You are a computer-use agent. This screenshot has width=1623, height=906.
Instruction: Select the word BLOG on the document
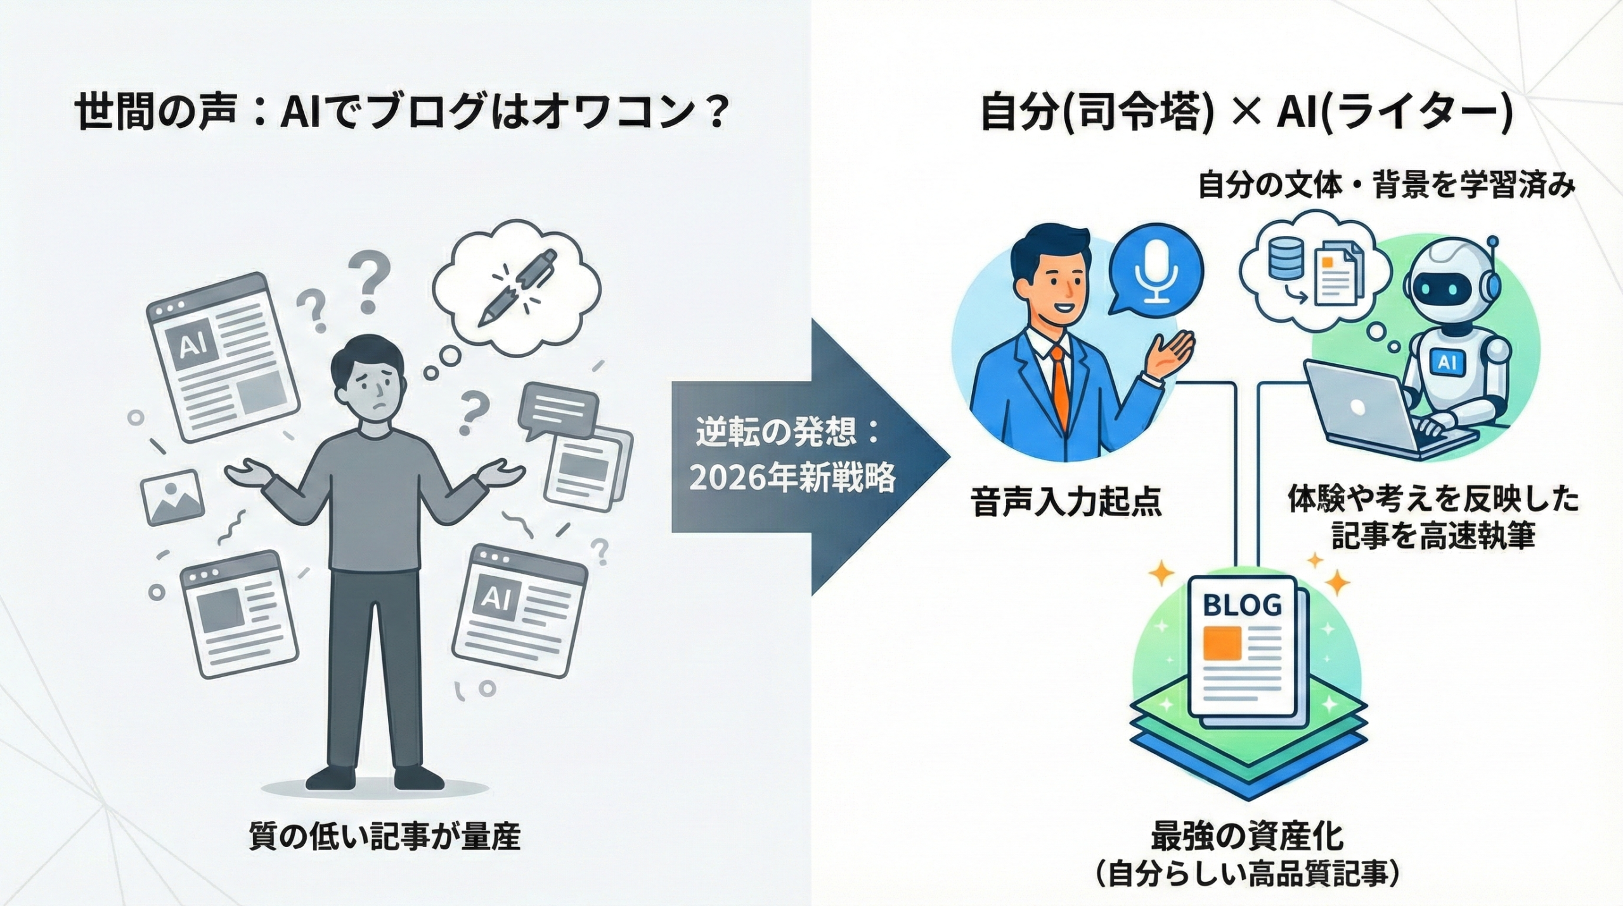coord(1242,605)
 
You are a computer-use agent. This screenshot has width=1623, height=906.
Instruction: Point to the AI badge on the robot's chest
coord(1447,361)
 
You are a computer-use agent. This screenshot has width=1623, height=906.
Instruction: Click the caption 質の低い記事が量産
coord(384,837)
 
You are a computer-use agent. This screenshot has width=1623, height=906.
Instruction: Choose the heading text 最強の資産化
coord(1246,836)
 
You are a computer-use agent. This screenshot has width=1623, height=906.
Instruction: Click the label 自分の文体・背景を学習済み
coord(1386,187)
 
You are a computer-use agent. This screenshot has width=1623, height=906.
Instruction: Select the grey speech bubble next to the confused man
coord(558,411)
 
